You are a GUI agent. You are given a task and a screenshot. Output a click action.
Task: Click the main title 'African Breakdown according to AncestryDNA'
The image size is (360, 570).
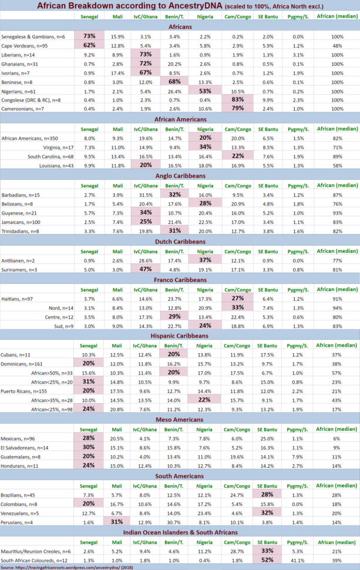pyautogui.click(x=180, y=5)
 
